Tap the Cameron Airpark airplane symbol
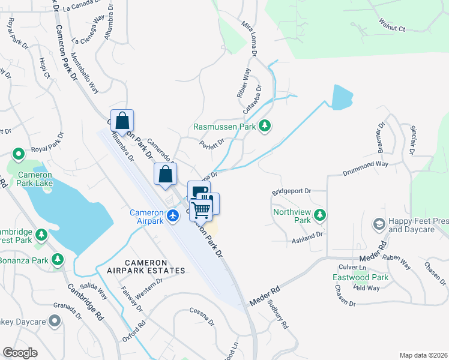[x=173, y=215]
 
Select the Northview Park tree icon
[x=321, y=214]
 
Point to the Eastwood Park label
[x=361, y=277]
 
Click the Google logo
[x=20, y=352]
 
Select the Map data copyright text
[x=423, y=355]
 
